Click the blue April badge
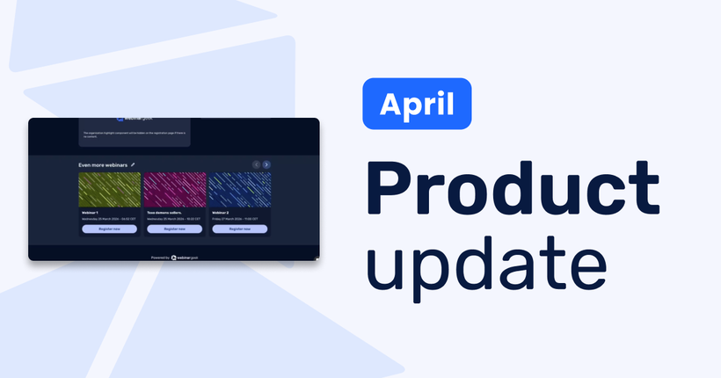pyautogui.click(x=417, y=104)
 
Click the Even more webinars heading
pyautogui.click(x=102, y=164)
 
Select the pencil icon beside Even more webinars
pyautogui.click(x=133, y=164)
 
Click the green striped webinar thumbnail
pyautogui.click(x=109, y=189)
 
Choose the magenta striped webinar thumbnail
pyautogui.click(x=174, y=189)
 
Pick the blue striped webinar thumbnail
pyautogui.click(x=239, y=189)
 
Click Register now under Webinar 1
pyautogui.click(x=109, y=229)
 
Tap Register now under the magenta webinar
pyautogui.click(x=174, y=229)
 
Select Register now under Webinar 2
pyautogui.click(x=239, y=229)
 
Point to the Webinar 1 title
pyautogui.click(x=91, y=212)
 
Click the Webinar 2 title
pyautogui.click(x=221, y=212)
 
